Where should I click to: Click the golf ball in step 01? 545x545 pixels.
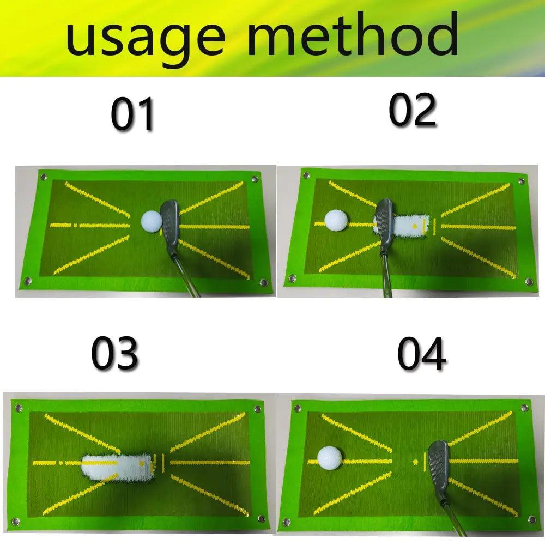152,221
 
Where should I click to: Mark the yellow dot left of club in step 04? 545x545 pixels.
416,462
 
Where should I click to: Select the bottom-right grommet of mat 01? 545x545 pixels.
264,282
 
